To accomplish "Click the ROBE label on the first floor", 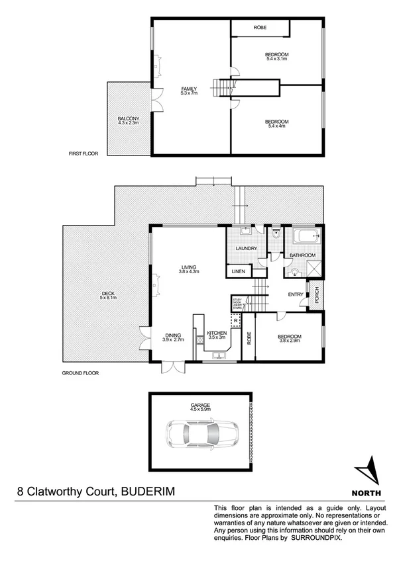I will (x=260, y=28).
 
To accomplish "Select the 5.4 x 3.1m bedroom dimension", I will (x=277, y=60).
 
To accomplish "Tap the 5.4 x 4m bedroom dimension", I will (x=276, y=126).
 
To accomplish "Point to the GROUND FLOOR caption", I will (x=80, y=373).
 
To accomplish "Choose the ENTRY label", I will (x=296, y=294).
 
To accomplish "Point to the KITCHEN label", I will (x=217, y=333).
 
